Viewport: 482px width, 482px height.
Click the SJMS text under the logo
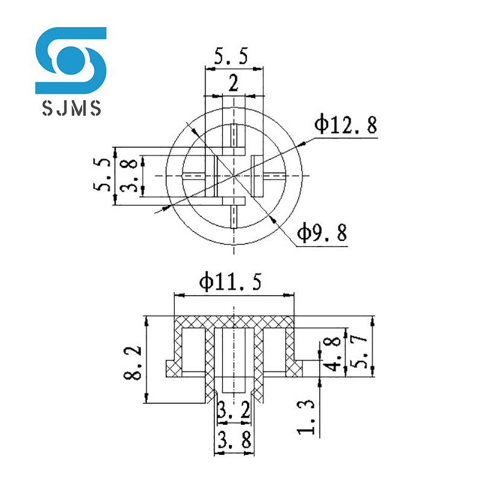(x=71, y=107)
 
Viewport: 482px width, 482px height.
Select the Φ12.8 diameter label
(x=345, y=125)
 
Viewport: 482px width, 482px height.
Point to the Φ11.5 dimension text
(x=231, y=282)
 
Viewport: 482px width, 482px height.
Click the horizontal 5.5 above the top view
(x=231, y=57)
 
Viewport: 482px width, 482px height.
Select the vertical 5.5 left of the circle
(x=102, y=175)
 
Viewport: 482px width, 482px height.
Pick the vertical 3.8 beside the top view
(x=128, y=175)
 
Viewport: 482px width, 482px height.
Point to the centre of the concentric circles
(x=234, y=175)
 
